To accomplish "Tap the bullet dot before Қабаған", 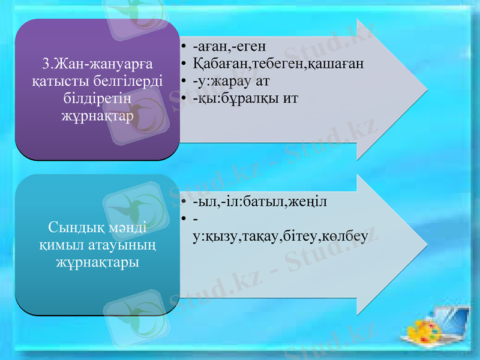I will (x=183, y=64).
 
